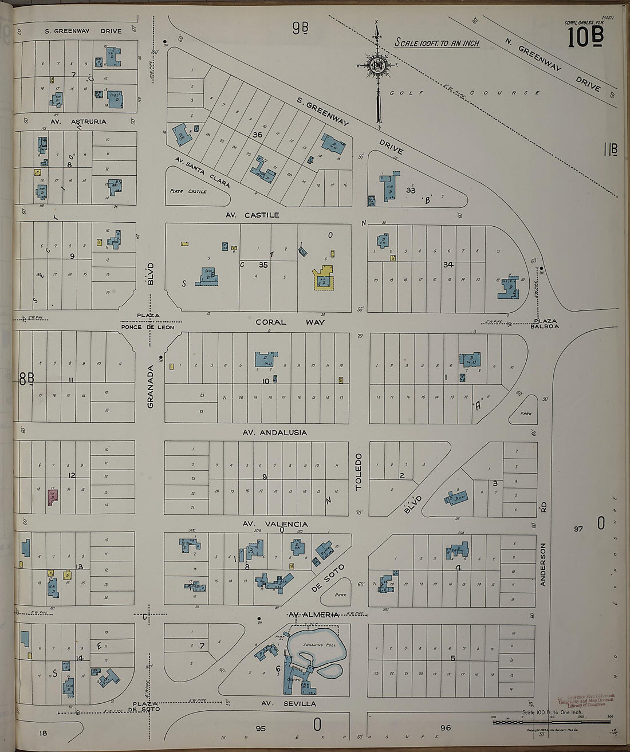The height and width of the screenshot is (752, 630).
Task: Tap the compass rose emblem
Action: pyautogui.click(x=377, y=66)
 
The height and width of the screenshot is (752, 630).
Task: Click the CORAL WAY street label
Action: pyautogui.click(x=290, y=322)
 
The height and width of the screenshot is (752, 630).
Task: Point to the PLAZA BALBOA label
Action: pyautogui.click(x=546, y=323)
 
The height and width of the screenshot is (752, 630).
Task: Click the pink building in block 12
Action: pyautogui.click(x=53, y=496)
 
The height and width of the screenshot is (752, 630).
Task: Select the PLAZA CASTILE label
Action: pyautogui.click(x=188, y=191)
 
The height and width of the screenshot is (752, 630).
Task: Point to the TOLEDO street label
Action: pyautogui.click(x=359, y=471)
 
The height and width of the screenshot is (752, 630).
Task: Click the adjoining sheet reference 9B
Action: pyautogui.click(x=300, y=27)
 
